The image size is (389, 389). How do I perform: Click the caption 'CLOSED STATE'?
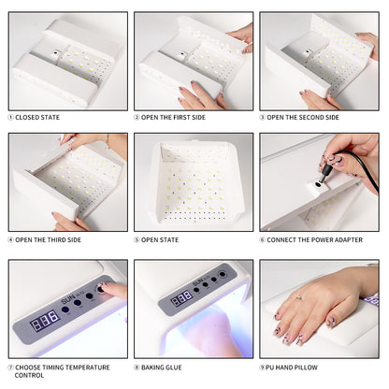(41, 117)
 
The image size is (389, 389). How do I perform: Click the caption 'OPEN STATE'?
(165, 240)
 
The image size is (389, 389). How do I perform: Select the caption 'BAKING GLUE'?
(168, 367)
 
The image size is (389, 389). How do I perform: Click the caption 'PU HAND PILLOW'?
(300, 367)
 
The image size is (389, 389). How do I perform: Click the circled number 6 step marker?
(264, 240)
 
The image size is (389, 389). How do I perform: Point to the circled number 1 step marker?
(11, 117)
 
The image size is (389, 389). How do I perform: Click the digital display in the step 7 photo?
(43, 323)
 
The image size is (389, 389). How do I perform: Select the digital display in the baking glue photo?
(181, 297)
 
